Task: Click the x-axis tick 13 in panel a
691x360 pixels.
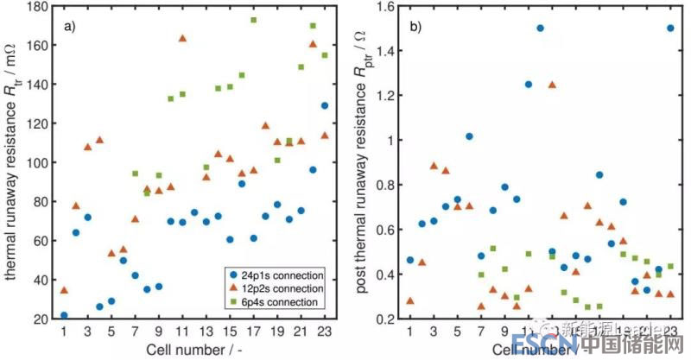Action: [x=205, y=331]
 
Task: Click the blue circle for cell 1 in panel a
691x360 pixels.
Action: [x=64, y=315]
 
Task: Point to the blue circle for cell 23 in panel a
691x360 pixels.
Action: [x=324, y=106]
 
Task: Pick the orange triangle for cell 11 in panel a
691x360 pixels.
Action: [x=182, y=38]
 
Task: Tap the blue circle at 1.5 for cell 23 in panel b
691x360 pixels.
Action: [x=670, y=28]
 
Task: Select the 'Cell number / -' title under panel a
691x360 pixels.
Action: [x=193, y=349]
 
